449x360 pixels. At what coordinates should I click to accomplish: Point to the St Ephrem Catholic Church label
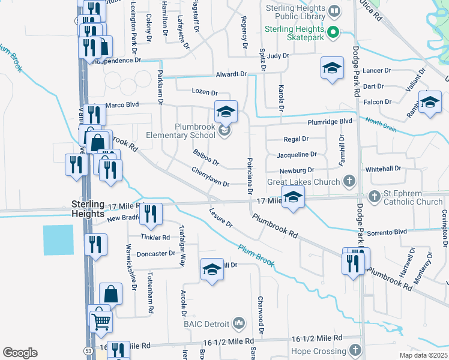[x=413, y=197]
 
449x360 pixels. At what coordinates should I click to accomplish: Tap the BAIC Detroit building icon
[x=239, y=324]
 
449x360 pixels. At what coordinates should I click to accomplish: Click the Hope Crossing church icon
[x=355, y=350]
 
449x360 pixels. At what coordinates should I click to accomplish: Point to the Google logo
[x=20, y=353]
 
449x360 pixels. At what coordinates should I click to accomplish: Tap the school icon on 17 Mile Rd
[x=292, y=198]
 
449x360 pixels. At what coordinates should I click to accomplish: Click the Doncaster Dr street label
[x=155, y=254]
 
